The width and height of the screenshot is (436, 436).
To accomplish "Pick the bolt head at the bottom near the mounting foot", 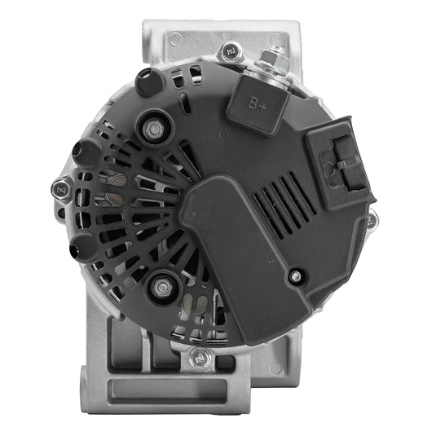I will [x=198, y=357].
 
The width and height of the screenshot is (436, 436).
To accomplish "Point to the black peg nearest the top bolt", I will [x=147, y=81].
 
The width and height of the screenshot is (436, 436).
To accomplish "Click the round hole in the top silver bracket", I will [x=176, y=38].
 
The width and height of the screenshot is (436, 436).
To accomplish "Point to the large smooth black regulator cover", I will [x=236, y=244].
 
